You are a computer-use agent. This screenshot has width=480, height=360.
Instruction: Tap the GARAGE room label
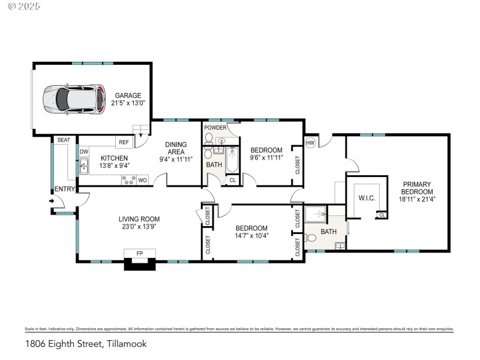click(128, 95)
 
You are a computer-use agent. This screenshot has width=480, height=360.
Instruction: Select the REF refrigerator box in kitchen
click(124, 142)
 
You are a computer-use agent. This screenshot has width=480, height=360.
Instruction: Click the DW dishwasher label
click(84, 152)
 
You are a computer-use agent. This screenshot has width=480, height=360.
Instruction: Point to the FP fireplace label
click(140, 254)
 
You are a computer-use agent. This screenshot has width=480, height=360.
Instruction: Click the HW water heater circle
click(310, 143)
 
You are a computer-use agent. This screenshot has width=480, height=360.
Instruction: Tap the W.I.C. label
click(367, 197)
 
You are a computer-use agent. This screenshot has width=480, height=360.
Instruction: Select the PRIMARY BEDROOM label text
click(417, 188)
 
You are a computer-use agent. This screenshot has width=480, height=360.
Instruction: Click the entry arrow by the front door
click(52, 201)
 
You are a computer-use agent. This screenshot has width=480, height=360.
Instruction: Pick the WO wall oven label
click(142, 180)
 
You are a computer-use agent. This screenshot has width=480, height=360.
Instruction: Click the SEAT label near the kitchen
click(64, 140)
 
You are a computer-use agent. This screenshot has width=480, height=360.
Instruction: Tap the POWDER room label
click(215, 128)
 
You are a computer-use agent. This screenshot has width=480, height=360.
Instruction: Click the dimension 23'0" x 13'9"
click(139, 227)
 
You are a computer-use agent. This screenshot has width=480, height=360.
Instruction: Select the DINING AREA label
click(176, 148)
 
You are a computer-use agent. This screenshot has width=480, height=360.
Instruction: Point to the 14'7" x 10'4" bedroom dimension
click(251, 236)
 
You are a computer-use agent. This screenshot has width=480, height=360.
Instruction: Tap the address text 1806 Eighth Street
click(86, 344)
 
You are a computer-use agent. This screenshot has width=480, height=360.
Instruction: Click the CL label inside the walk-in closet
click(382, 215)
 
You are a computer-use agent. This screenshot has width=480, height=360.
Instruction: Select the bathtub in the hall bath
click(232, 160)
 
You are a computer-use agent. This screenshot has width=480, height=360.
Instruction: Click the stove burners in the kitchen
click(128, 180)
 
